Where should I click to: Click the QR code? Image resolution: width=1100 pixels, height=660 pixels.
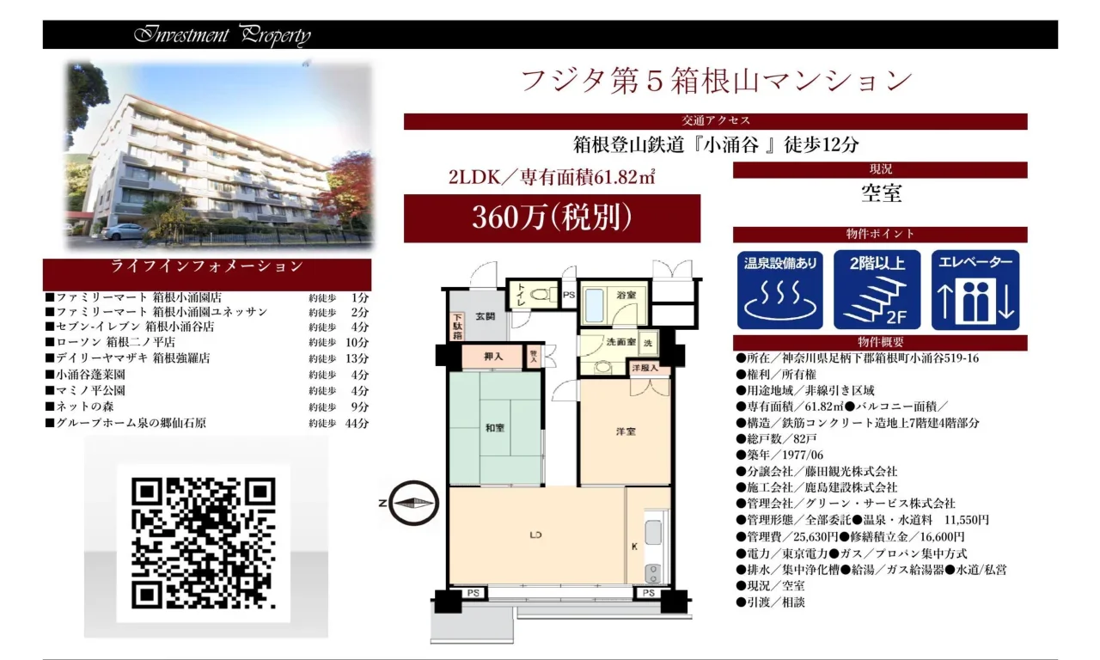(204, 543)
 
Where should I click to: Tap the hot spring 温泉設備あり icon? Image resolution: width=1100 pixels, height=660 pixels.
(779, 290)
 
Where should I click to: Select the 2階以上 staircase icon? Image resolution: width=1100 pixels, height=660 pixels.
(877, 290)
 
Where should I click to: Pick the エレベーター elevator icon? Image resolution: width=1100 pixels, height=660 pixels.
(975, 290)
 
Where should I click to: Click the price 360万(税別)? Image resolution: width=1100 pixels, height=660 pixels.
(552, 217)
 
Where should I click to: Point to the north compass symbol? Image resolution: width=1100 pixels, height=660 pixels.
(413, 503)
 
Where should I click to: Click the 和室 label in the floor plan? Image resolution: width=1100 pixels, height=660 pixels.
(495, 428)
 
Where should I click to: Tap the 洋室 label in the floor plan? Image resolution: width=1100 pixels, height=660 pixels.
(626, 431)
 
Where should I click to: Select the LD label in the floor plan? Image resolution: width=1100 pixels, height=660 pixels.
(535, 535)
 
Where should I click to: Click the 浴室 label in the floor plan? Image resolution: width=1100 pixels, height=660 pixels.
(626, 295)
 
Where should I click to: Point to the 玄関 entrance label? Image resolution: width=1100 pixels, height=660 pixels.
(486, 316)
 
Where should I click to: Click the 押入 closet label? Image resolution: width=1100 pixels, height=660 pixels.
(493, 357)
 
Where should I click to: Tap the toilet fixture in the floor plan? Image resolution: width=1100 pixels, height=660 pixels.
(543, 295)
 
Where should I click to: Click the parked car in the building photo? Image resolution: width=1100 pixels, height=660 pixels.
(123, 231)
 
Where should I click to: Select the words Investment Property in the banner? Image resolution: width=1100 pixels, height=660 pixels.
(223, 35)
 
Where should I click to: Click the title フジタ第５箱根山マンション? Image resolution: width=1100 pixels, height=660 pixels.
(717, 81)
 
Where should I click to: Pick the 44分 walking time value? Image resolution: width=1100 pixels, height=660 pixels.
(357, 423)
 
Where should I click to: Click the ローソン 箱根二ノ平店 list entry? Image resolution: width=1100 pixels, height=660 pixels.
(115, 342)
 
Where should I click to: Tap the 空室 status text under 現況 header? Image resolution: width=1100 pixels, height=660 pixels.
(882, 193)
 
